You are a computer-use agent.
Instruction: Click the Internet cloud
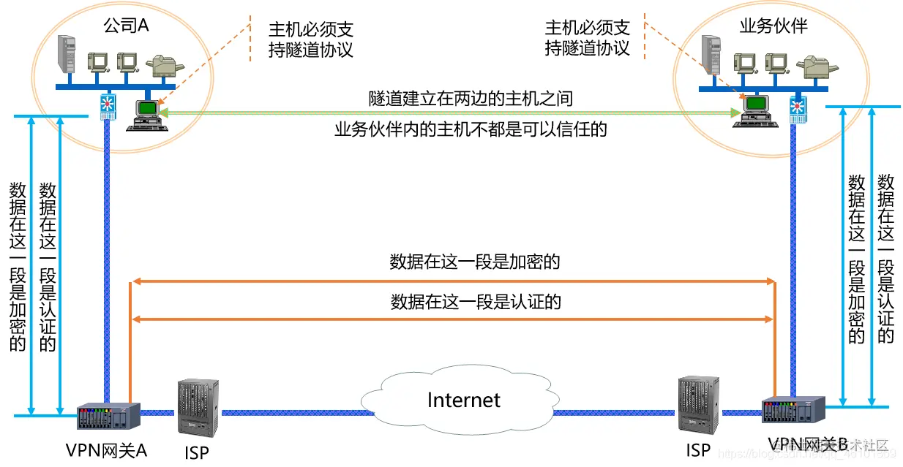click(x=462, y=400)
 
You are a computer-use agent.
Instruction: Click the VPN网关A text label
click(x=107, y=449)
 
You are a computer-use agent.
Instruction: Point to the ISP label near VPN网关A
click(x=196, y=452)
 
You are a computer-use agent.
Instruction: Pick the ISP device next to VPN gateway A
click(x=198, y=406)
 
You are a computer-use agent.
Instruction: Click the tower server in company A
click(x=68, y=56)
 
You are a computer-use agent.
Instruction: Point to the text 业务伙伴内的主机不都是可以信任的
click(x=471, y=130)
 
